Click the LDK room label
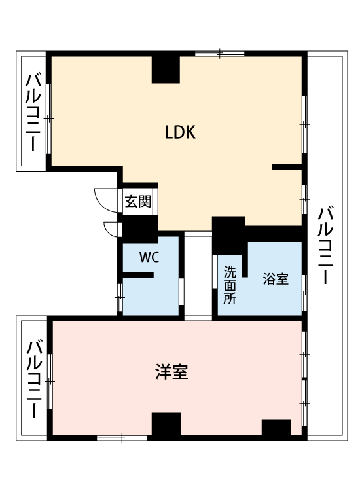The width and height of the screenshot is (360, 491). point(180,132)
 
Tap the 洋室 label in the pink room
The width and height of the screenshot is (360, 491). point(171,372)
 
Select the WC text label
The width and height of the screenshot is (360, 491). point(149,257)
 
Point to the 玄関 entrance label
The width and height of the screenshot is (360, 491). point(137,202)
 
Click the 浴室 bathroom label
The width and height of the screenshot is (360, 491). point(276,279)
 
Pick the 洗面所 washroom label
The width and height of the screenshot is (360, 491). point(230,285)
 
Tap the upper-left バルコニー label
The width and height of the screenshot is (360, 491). point(33,113)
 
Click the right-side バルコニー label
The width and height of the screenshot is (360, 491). point(325,245)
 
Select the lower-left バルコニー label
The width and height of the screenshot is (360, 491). point(34,379)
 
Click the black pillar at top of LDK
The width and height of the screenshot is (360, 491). point(166,69)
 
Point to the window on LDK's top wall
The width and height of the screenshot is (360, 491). point(220,54)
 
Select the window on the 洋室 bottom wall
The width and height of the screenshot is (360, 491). point(122,438)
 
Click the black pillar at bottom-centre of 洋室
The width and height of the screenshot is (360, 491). point(166,424)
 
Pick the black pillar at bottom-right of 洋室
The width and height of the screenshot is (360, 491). point(276,427)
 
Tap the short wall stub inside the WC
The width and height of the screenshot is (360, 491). point(137,274)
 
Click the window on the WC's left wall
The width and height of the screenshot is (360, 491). point(119,297)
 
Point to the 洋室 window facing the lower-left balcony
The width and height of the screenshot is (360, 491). point(50,381)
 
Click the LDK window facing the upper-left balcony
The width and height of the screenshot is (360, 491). point(48,119)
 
